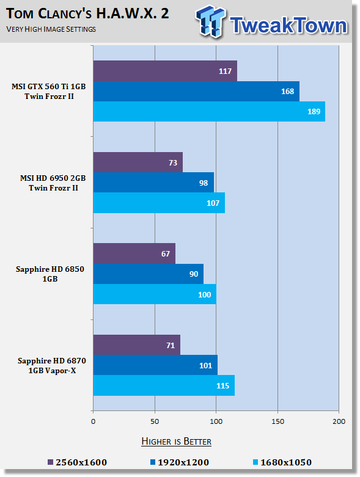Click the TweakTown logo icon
point(211,21)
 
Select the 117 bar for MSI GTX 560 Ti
point(165,71)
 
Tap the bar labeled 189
point(209,111)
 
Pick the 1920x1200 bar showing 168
point(196,91)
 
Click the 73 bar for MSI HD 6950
point(138,162)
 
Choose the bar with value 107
point(159,203)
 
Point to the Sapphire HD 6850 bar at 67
point(134,253)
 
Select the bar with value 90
point(149,274)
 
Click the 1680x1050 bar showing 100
point(155,294)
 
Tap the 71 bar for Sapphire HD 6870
point(137,345)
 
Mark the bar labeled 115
point(164,385)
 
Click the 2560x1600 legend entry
point(78,462)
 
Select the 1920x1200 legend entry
point(180,462)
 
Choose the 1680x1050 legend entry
point(282,462)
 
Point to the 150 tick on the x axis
point(277,421)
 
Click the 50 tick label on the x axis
point(155,421)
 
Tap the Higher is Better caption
point(177,442)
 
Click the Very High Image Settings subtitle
point(51,29)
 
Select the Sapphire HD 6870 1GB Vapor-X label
point(52,366)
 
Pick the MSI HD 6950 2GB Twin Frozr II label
point(53,183)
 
